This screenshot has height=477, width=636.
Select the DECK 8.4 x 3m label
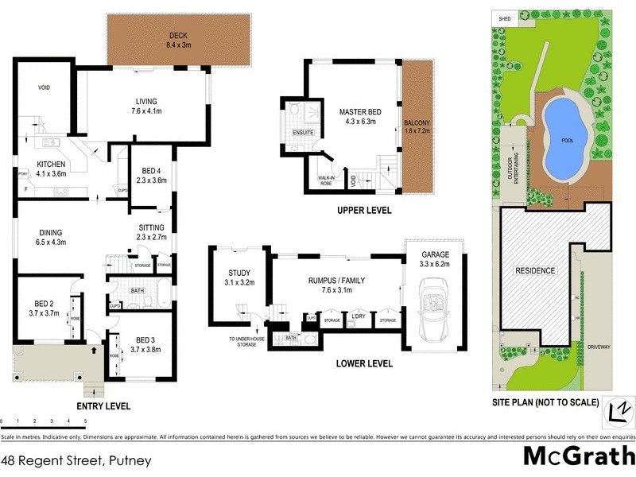pyautogui.click(x=176, y=41)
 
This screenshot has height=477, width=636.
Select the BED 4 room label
pyautogui.click(x=151, y=175)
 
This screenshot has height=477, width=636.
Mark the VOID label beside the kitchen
pyautogui.click(x=44, y=87)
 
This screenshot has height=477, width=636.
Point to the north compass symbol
pyautogui.click(x=617, y=409)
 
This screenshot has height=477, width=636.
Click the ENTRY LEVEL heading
pyautogui.click(x=104, y=405)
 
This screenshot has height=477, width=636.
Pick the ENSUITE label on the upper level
pyautogui.click(x=302, y=132)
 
